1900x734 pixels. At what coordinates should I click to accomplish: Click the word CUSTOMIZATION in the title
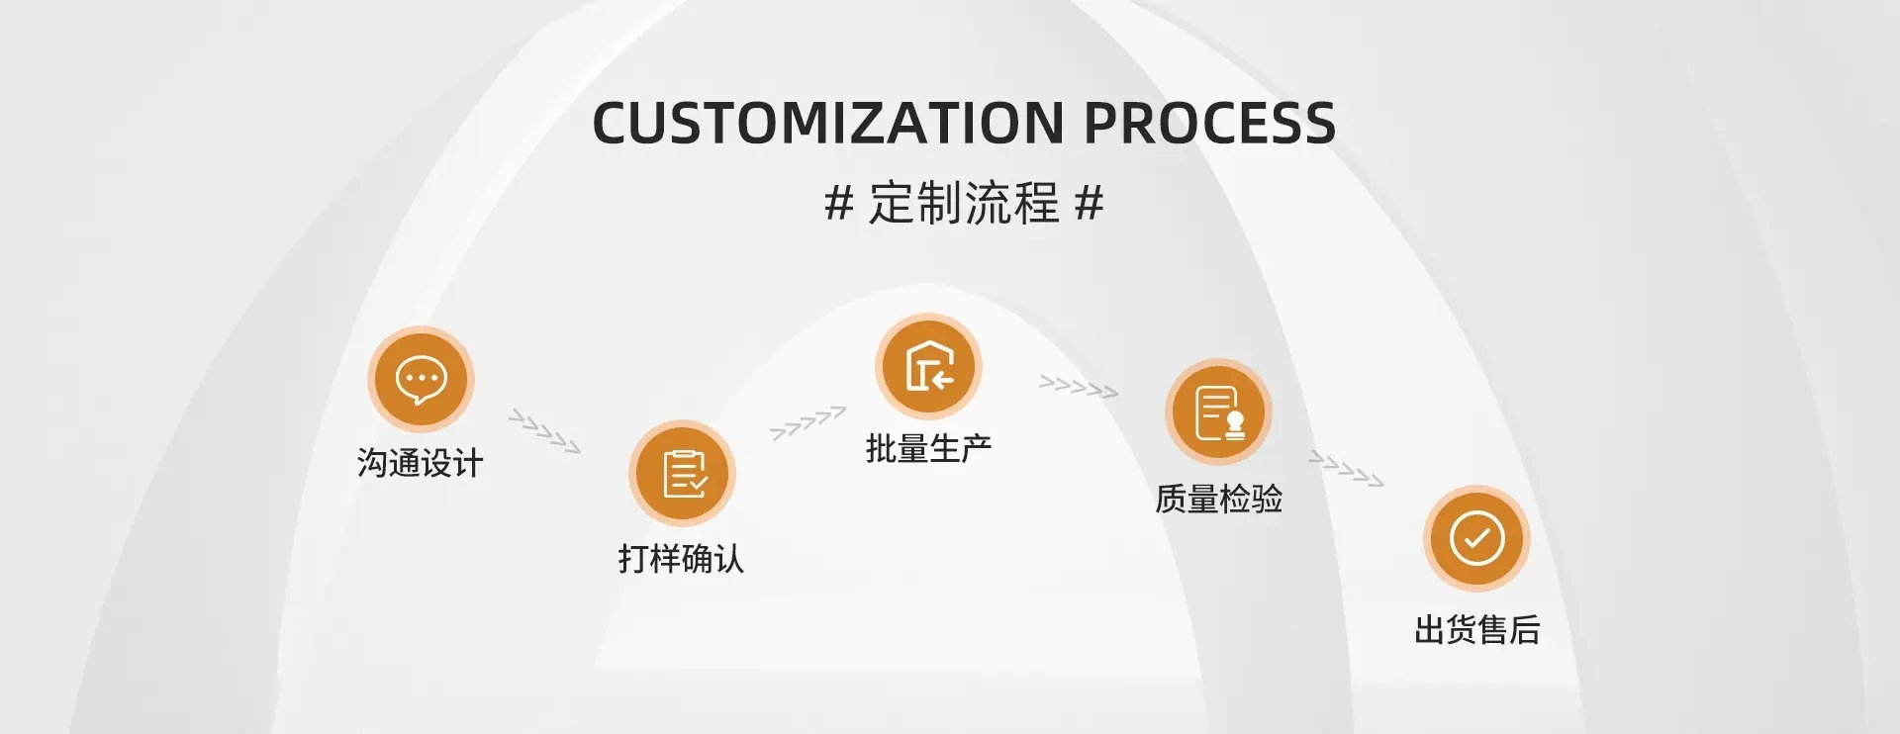[828, 124]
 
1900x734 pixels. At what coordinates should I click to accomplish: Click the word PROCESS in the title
[1210, 124]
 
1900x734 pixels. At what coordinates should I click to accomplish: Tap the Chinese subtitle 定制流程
[964, 203]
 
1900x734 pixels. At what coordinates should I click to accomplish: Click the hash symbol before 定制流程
[839, 203]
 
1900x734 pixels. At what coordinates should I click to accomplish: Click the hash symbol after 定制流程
[1090, 203]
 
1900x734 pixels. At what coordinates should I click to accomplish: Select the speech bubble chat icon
[422, 379]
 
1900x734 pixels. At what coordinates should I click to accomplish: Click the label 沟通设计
[421, 462]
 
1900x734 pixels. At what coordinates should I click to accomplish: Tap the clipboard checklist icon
[683, 473]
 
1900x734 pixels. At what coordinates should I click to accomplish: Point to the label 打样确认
[681, 559]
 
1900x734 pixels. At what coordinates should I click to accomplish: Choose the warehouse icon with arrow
[928, 366]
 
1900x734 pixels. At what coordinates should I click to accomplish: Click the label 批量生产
[928, 448]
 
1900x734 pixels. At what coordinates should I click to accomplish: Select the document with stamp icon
[1218, 412]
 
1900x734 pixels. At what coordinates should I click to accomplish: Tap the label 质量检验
[1218, 498]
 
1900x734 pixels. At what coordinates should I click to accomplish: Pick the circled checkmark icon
[1477, 538]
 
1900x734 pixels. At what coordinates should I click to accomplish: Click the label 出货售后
[1477, 629]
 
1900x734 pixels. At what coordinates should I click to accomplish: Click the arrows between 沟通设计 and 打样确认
[544, 431]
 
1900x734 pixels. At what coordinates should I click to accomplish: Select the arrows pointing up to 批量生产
[808, 422]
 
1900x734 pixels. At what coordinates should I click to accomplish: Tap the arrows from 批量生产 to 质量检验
[1079, 387]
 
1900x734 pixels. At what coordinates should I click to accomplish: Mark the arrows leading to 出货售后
[1347, 469]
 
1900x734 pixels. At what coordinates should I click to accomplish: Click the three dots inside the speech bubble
[422, 378]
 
